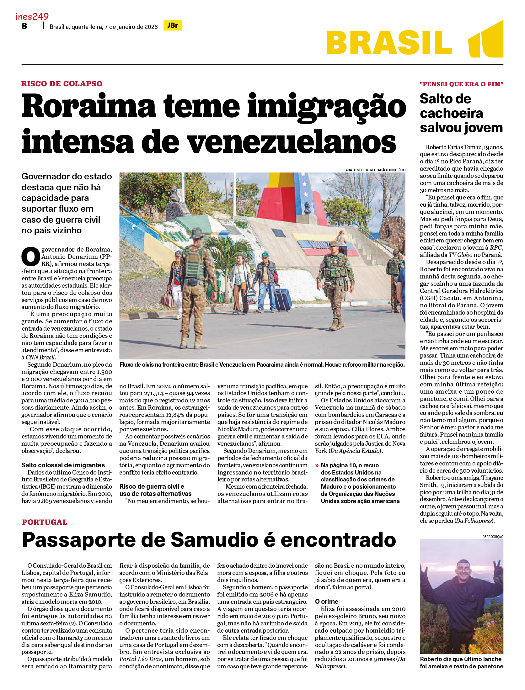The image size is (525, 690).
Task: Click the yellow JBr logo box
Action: pyautogui.click(x=173, y=25)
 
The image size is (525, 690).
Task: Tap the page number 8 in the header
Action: pyautogui.click(x=24, y=26)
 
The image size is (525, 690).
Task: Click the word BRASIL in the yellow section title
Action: pyautogui.click(x=389, y=43)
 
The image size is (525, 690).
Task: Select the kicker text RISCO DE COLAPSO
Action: pyautogui.click(x=62, y=84)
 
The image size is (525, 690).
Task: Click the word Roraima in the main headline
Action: pyautogui.click(x=89, y=107)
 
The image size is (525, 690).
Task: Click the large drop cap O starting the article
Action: pyautogui.click(x=31, y=257)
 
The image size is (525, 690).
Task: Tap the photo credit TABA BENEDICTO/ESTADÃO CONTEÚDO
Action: pyautogui.click(x=374, y=170)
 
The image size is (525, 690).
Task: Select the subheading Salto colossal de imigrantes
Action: pyautogui.click(x=63, y=465)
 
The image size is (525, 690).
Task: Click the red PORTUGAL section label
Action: pyautogui.click(x=45, y=522)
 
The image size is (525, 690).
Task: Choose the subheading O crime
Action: pyautogui.click(x=326, y=602)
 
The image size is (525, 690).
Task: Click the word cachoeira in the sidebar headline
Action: pyautogui.click(x=451, y=114)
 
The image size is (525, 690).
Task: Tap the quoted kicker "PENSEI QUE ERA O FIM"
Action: pyautogui.click(x=461, y=84)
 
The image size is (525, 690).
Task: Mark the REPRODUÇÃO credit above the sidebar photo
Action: pyautogui.click(x=493, y=537)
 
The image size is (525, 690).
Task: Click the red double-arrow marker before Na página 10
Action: pyautogui.click(x=317, y=465)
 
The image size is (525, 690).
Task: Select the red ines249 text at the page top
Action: pyautogui.click(x=32, y=16)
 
